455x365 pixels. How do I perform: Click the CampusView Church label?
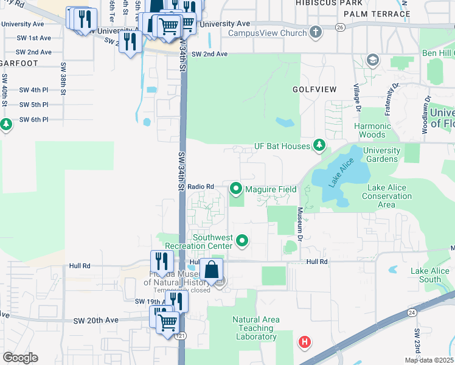pyautogui.click(x=267, y=32)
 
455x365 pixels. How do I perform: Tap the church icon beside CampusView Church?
pyautogui.click(x=315, y=32)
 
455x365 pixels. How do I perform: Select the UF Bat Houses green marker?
pyautogui.click(x=318, y=145)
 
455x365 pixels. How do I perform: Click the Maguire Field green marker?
pyautogui.click(x=236, y=189)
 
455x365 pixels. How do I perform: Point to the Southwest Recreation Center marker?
pyautogui.click(x=242, y=242)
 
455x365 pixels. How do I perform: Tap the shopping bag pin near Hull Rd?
pyautogui.click(x=210, y=269)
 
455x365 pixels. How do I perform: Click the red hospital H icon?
pyautogui.click(x=305, y=342)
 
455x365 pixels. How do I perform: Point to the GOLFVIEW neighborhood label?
pyautogui.click(x=315, y=89)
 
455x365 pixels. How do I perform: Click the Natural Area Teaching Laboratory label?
pyautogui.click(x=256, y=328)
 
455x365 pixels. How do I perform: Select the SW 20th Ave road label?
pyautogui.click(x=96, y=320)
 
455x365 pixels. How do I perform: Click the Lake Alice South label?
pyautogui.click(x=429, y=275)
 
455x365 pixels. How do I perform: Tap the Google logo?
pyautogui.click(x=20, y=358)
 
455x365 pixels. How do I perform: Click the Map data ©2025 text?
pyautogui.click(x=429, y=360)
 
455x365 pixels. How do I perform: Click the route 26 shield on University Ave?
pyautogui.click(x=339, y=27)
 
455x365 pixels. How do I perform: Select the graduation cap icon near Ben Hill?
pyautogui.click(x=372, y=60)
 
